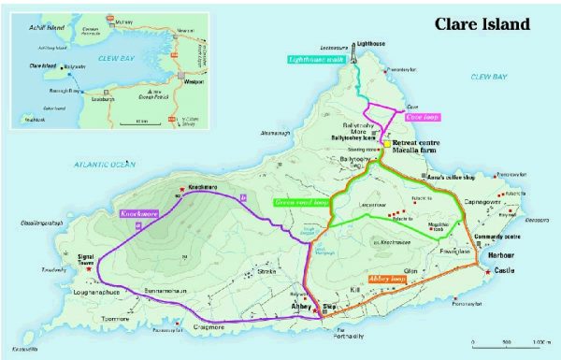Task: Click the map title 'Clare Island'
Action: pos(482,23)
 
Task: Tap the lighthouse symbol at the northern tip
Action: pos(366,43)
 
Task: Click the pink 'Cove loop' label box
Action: pos(422,118)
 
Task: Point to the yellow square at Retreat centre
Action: pos(384,145)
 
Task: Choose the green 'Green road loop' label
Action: pos(301,201)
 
